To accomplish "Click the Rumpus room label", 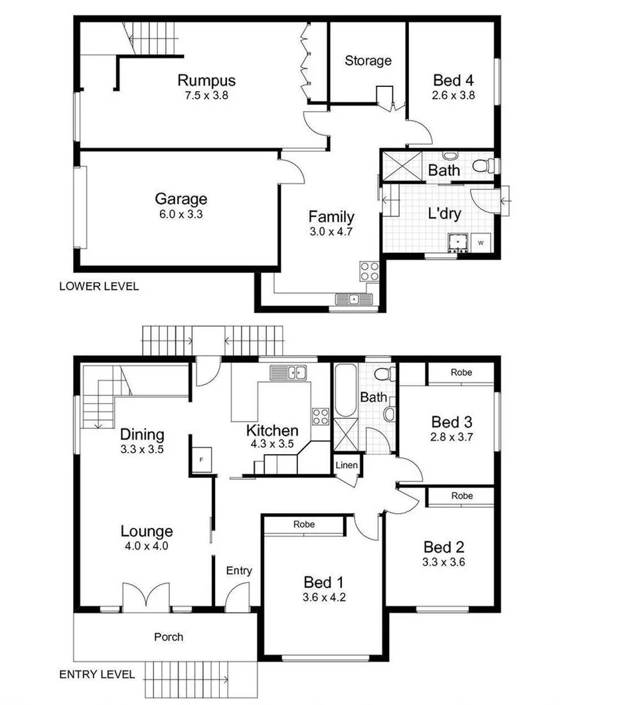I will [206, 80].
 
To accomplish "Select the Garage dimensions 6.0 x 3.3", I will [181, 214].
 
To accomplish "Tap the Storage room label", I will [368, 60].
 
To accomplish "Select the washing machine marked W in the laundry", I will [481, 243].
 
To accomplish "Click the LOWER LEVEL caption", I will [99, 287].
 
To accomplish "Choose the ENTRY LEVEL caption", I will [97, 674].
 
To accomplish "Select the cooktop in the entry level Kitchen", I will [320, 416].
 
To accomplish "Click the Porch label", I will [169, 637].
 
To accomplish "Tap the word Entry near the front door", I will [239, 570].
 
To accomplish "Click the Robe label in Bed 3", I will [461, 372].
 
